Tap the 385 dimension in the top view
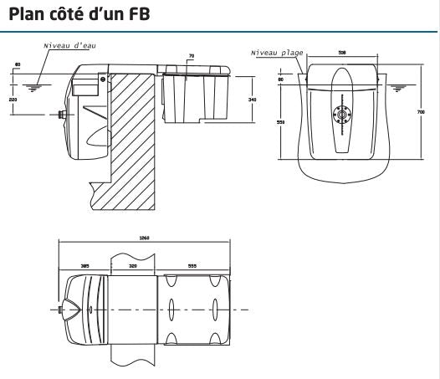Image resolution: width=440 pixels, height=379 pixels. point(84,264)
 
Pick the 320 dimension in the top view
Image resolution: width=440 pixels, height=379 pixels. point(133,264)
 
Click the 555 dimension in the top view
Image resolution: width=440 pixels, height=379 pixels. point(192,264)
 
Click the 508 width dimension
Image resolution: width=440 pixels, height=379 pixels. point(342,52)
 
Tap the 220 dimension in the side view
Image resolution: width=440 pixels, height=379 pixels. point(12,99)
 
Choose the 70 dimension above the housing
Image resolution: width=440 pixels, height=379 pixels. point(192,56)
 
